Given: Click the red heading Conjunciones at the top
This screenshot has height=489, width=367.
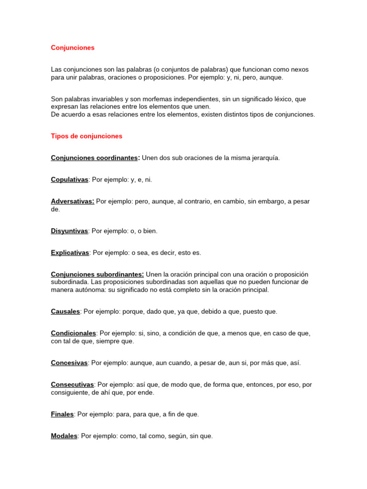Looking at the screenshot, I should pyautogui.click(x=73, y=48).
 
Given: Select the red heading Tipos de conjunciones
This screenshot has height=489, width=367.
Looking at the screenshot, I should pyautogui.click(x=86, y=136).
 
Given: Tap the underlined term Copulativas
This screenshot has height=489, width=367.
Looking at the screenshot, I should pyautogui.click(x=69, y=180).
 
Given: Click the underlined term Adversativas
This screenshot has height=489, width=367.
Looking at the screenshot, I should pyautogui.click(x=72, y=202).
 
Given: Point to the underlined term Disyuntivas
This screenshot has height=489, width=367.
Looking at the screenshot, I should pyautogui.click(x=69, y=231).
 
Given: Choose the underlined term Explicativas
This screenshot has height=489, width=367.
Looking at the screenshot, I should pyautogui.click(x=70, y=253).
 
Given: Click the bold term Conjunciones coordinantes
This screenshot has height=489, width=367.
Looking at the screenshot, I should pyautogui.click(x=95, y=158).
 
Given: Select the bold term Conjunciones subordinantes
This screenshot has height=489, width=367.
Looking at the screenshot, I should pyautogui.click(x=97, y=275).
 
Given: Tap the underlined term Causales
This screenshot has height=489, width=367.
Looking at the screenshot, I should pyautogui.click(x=65, y=312).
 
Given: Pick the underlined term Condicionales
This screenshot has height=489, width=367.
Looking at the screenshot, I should pyautogui.click(x=74, y=333).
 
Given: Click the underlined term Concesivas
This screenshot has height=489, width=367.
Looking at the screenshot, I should pyautogui.click(x=69, y=363).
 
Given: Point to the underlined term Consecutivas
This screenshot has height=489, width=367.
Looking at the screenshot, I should pyautogui.click(x=72, y=385).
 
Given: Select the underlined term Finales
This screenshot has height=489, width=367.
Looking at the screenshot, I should pyautogui.click(x=62, y=415).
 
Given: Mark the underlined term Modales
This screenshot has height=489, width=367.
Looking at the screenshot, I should pyautogui.click(x=64, y=436).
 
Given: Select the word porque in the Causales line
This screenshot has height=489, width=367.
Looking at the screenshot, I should pyautogui.click(x=133, y=312).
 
